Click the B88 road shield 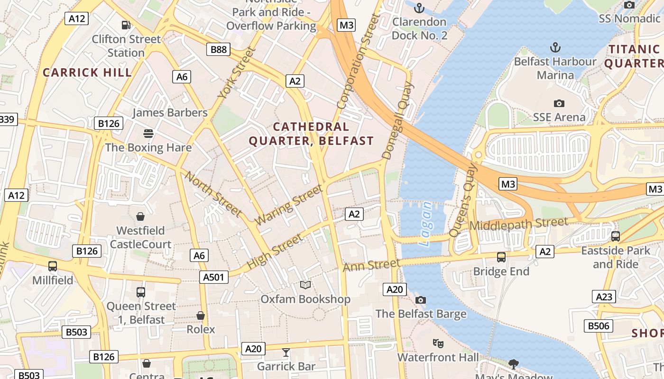coord(219,49)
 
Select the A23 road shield coord(604,297)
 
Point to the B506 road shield coord(598,325)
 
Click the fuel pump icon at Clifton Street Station coord(126,25)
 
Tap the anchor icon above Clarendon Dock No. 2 coord(419,8)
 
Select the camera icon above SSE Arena coord(559,103)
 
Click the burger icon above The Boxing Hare coord(148,134)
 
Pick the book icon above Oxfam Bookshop coord(305,285)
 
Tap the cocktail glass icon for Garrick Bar coord(286,352)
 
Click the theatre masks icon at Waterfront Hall coord(438,343)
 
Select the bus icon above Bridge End coord(501,257)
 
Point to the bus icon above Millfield coord(53,266)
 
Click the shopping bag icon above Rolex coord(201,316)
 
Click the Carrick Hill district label coord(87,72)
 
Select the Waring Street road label coord(289,205)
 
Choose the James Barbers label coord(170,113)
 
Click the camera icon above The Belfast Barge coord(420,300)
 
